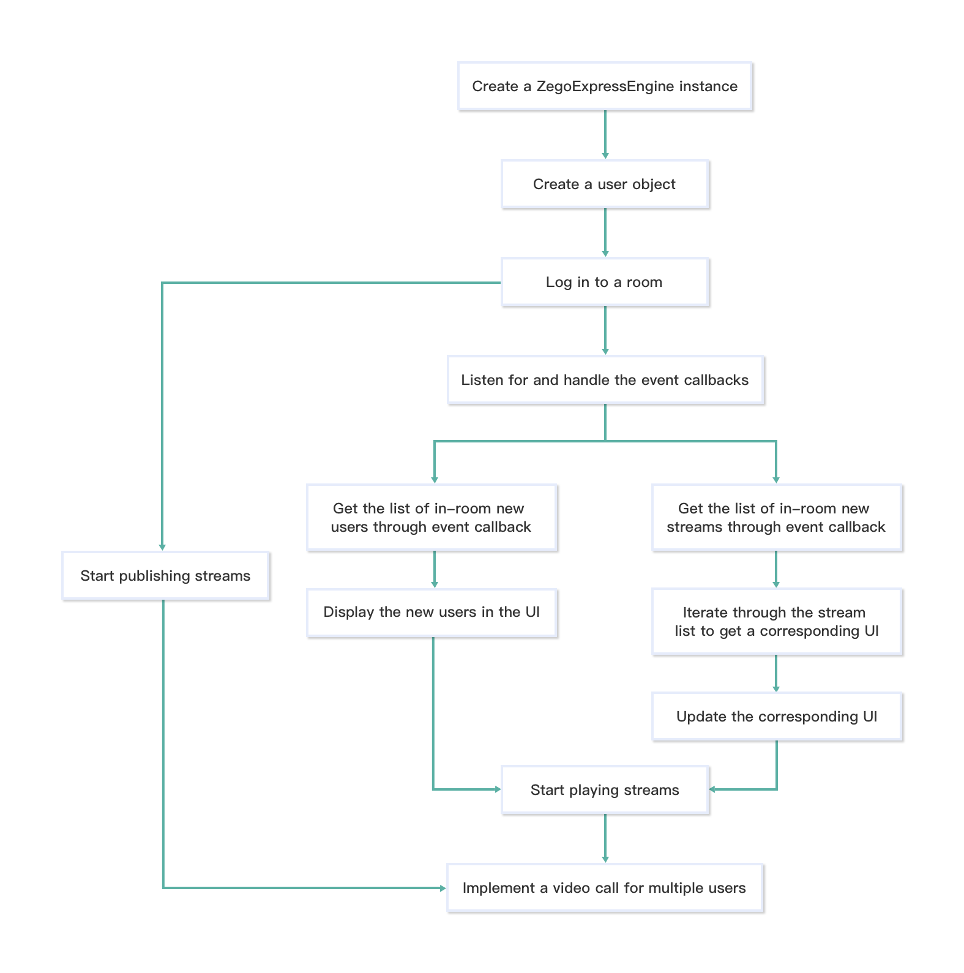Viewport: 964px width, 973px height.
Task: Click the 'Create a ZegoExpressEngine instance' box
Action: pos(605,86)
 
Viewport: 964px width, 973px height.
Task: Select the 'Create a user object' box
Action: pos(605,184)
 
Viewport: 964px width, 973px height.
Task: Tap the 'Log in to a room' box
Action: pos(605,282)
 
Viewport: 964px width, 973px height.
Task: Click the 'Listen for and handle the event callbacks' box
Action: pos(605,380)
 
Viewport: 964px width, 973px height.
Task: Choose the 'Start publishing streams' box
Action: pos(165,576)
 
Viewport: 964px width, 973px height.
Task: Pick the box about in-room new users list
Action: pos(432,518)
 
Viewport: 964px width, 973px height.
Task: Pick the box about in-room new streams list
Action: pos(776,518)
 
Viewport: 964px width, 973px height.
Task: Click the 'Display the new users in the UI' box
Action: pos(432,613)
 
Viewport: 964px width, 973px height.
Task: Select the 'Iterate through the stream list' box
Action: pos(776,622)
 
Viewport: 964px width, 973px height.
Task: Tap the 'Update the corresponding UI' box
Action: pos(776,717)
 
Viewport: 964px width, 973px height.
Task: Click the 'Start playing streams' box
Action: pos(605,790)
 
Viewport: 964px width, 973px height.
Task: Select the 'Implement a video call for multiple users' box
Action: pos(605,888)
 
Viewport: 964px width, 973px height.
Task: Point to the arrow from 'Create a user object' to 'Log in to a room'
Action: pos(605,233)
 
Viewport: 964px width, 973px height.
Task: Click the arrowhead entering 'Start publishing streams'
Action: pos(162,547)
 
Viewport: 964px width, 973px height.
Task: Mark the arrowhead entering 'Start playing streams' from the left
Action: pos(497,789)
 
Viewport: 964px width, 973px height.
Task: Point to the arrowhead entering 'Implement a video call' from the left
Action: pos(443,888)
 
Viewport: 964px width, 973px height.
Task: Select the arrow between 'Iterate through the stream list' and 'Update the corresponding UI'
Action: pos(776,673)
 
